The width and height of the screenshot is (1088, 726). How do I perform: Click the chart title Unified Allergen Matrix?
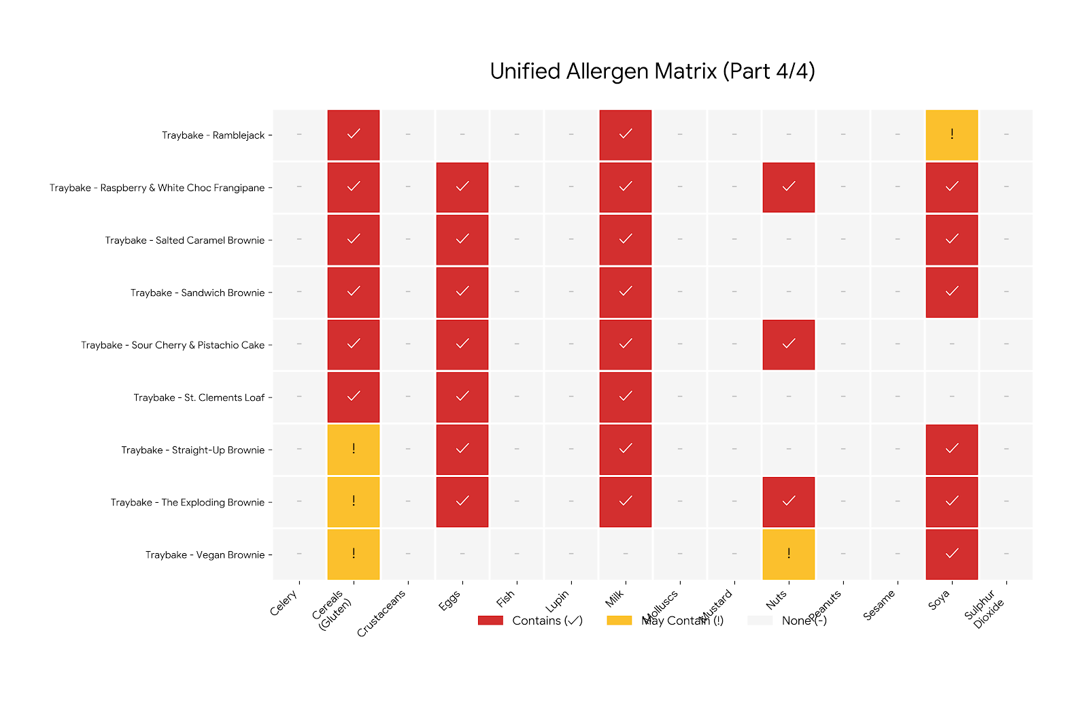click(652, 71)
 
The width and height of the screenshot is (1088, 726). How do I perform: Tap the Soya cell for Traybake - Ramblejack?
click(952, 135)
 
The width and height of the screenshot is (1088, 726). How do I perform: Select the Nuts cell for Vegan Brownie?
click(789, 554)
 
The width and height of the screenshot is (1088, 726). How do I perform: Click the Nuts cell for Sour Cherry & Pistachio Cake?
click(789, 344)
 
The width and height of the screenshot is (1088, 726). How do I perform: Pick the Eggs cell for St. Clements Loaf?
click(462, 397)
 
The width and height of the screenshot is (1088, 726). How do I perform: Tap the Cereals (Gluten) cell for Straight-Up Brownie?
click(354, 449)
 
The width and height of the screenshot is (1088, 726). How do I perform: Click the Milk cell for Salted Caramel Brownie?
click(626, 240)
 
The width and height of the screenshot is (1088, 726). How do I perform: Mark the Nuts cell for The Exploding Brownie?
click(789, 501)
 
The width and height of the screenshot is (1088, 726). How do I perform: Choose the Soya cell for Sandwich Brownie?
click(952, 292)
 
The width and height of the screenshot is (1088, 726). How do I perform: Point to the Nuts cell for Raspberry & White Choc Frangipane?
click(789, 187)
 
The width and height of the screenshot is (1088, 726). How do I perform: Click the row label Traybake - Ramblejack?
click(213, 135)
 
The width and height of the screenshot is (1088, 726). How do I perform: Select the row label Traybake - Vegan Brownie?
click(205, 555)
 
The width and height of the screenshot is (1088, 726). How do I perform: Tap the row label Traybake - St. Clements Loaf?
click(199, 397)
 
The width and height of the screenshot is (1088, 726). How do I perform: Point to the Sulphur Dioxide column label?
click(984, 609)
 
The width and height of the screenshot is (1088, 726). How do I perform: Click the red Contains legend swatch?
click(490, 621)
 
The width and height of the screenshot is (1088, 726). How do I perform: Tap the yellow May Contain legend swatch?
click(619, 621)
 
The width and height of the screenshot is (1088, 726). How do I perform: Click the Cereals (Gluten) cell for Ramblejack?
click(354, 135)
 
